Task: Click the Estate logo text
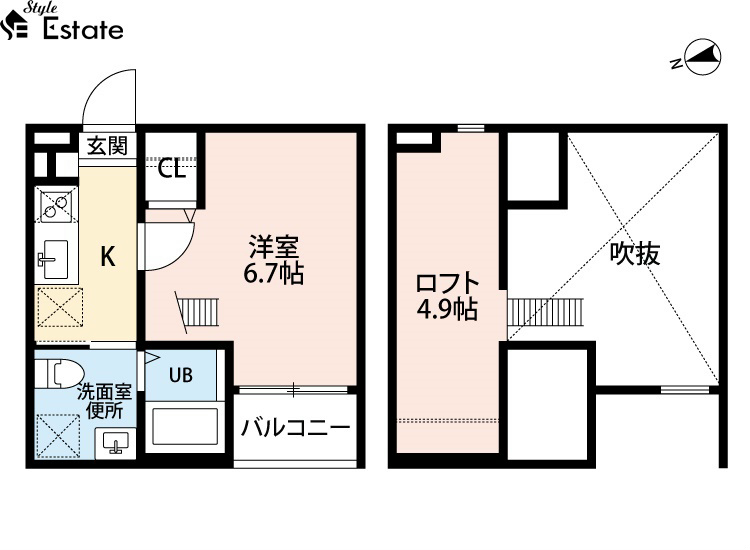[x=83, y=29]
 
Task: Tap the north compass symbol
[x=702, y=57]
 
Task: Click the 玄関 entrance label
[x=108, y=145]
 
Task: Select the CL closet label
[x=172, y=169]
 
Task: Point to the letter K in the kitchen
[x=108, y=256]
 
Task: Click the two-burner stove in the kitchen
[x=56, y=204]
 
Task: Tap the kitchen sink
[x=54, y=259]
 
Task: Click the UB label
[x=181, y=375]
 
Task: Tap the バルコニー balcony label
[x=296, y=427]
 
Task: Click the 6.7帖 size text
[x=273, y=274]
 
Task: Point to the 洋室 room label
[x=273, y=247]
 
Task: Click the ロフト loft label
[x=447, y=283]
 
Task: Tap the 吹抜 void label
[x=635, y=253]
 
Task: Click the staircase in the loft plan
[x=545, y=313]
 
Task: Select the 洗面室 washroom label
[x=104, y=392]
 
